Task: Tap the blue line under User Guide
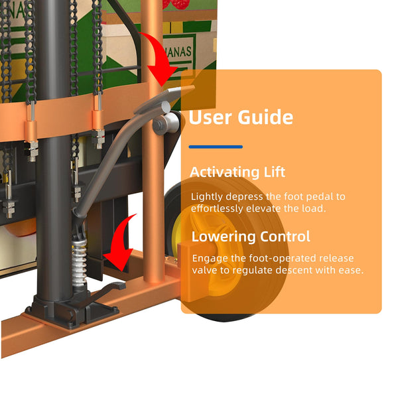(x=216, y=147)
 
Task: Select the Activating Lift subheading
(x=237, y=172)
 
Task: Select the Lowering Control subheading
(x=251, y=237)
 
